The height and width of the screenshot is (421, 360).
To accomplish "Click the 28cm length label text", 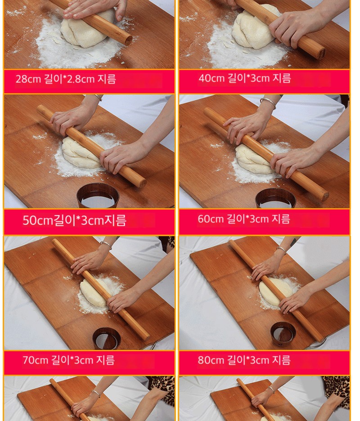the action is pyautogui.click(x=66, y=79).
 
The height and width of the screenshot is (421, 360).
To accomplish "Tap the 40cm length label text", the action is pyautogui.click(x=245, y=78).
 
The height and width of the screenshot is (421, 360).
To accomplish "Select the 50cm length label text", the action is pyautogui.click(x=74, y=220).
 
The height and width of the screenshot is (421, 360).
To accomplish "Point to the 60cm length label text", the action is pyautogui.click(x=244, y=219).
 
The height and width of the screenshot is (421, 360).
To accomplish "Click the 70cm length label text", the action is pyautogui.click(x=69, y=360).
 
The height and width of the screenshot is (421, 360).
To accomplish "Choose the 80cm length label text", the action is pyautogui.click(x=244, y=360).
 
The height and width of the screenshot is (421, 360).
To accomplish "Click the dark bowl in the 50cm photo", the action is pyautogui.click(x=98, y=196).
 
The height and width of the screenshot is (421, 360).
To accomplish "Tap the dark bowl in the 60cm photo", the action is pyautogui.click(x=276, y=199).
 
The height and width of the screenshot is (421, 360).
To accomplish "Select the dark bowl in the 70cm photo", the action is pyautogui.click(x=107, y=339).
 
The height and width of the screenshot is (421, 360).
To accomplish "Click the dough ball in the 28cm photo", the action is pyautogui.click(x=86, y=30).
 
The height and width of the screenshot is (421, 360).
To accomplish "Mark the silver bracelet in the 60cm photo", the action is pyautogui.click(x=268, y=103).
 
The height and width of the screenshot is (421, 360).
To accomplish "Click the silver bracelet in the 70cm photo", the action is pyautogui.click(x=107, y=245).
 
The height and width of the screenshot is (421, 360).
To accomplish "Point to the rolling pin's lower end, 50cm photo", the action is pyautogui.click(x=142, y=183).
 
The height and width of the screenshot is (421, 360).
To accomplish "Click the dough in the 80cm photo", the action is pyautogui.click(x=274, y=292).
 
